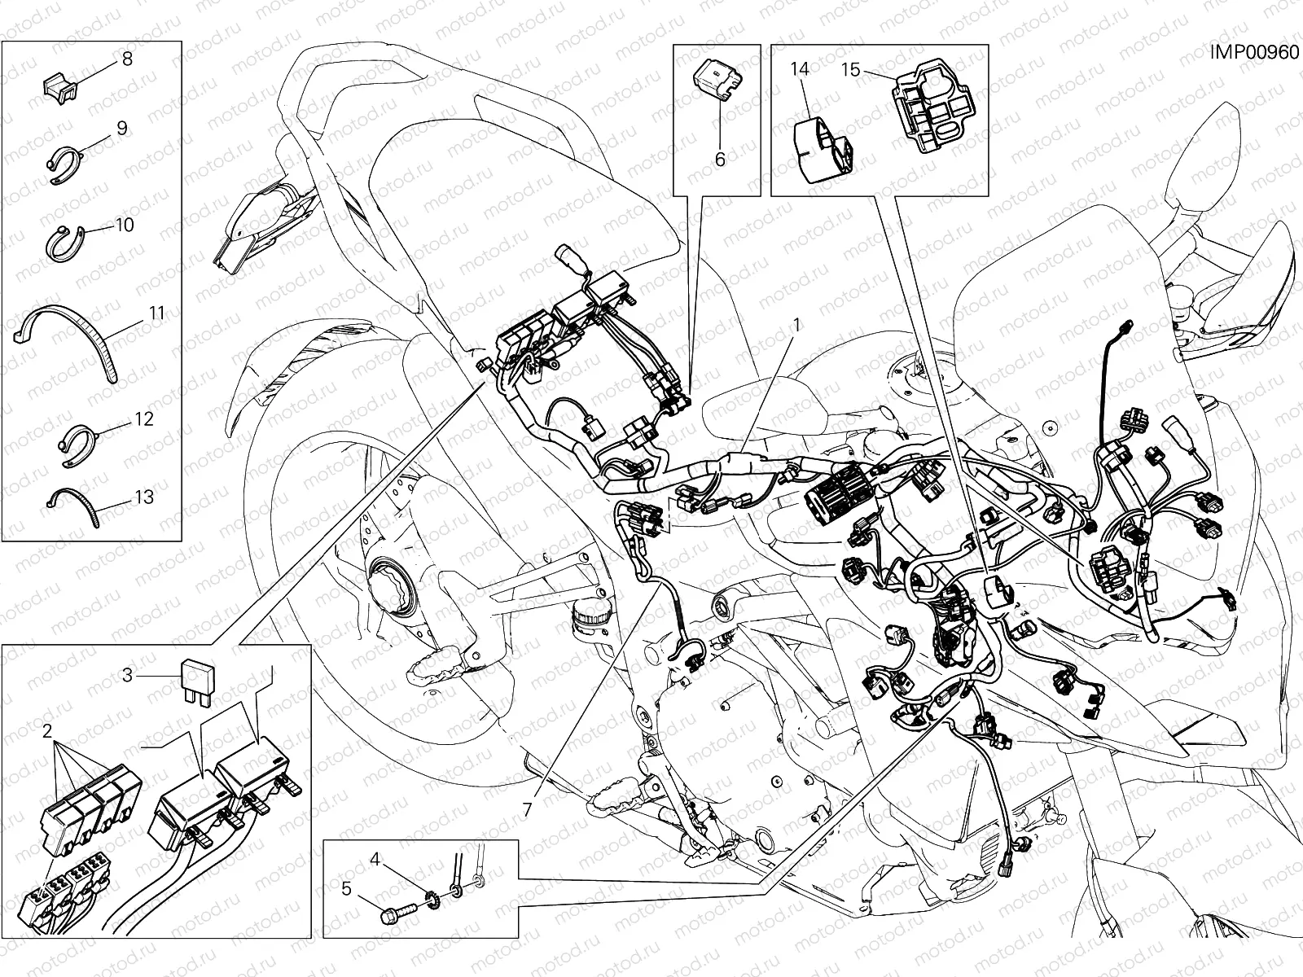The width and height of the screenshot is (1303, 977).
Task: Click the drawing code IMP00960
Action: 1253,52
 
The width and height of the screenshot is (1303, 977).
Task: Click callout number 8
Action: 126,59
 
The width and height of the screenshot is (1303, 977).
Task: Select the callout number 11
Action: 156,313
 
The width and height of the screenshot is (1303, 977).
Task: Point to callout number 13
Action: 143,496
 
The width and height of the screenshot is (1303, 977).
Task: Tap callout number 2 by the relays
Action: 47,730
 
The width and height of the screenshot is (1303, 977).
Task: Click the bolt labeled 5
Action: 397,916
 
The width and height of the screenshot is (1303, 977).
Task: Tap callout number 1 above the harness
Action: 796,324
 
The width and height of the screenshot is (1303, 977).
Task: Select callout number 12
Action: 143,419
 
